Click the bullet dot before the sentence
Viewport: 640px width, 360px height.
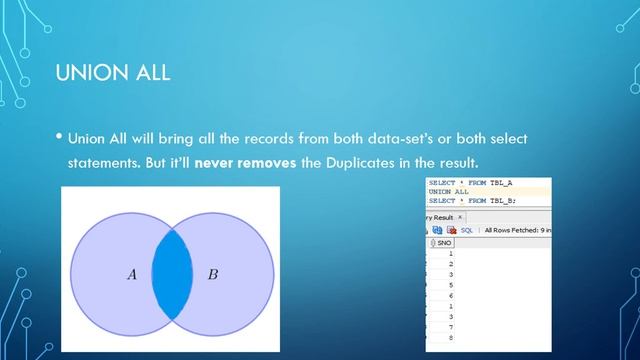tap(60, 137)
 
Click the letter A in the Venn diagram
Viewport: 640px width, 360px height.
tap(131, 273)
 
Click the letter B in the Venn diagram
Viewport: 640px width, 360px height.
tap(212, 273)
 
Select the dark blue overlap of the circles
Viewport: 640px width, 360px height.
tap(171, 273)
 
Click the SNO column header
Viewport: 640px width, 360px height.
tap(441, 243)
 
